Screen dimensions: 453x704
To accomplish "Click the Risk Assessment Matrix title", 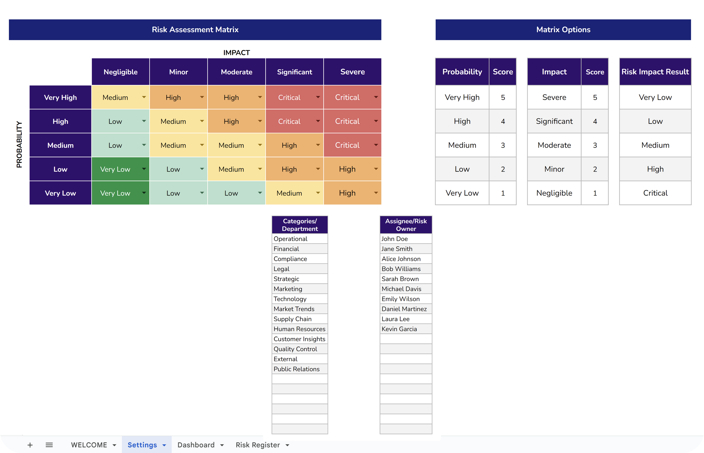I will tap(195, 30).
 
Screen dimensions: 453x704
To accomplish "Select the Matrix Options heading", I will tap(563, 30).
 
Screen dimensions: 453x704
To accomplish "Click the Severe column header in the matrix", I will tap(352, 72).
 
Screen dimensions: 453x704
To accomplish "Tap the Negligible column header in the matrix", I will tap(120, 72).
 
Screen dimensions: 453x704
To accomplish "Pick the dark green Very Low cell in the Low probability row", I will tap(115, 169).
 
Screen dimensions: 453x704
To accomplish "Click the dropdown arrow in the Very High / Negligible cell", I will tap(144, 97).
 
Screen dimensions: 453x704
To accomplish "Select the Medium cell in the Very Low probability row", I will tap(289, 193).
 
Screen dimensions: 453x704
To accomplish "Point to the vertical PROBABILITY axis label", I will tap(19, 145).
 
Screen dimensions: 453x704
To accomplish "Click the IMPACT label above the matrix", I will tap(236, 53).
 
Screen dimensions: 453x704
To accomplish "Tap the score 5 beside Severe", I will tap(595, 97).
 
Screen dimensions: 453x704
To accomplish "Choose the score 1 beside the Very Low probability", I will tap(503, 193).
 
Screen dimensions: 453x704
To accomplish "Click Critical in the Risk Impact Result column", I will tap(655, 193).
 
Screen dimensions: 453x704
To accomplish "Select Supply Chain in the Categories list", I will tap(292, 319).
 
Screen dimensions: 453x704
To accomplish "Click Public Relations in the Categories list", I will tap(296, 369).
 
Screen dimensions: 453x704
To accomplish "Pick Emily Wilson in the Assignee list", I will tap(400, 299).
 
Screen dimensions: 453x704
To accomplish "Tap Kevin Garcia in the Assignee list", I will tap(399, 329).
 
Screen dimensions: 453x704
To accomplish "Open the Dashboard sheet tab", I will tap(196, 445).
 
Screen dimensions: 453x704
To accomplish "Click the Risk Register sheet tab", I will tap(258, 445).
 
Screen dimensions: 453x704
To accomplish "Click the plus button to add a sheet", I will tap(30, 445).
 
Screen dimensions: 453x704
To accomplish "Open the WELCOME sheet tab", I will tap(89, 445).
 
